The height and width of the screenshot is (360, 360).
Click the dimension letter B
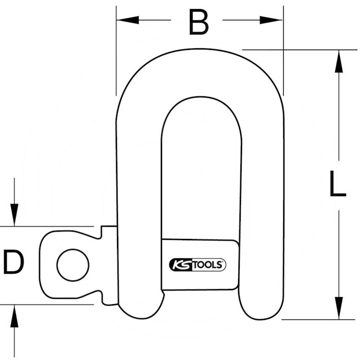tap(198, 22)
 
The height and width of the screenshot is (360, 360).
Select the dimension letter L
tap(337, 184)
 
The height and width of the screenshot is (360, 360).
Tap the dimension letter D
tap(13, 263)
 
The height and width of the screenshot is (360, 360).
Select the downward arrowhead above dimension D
tap(14, 214)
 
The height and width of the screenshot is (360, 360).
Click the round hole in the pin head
tap(73, 265)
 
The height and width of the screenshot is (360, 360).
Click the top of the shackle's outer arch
tap(200, 50)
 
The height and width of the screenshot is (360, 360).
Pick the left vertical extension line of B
tap(116, 54)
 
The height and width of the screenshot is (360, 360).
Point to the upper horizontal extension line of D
tap(45, 226)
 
